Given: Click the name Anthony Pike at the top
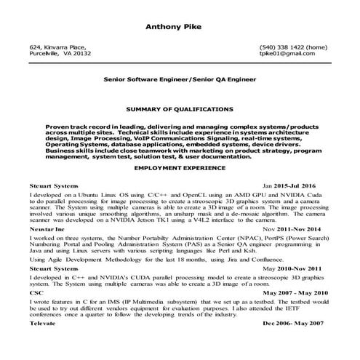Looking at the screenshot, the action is (180, 28).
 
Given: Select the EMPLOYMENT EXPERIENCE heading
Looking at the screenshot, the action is (180, 167).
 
